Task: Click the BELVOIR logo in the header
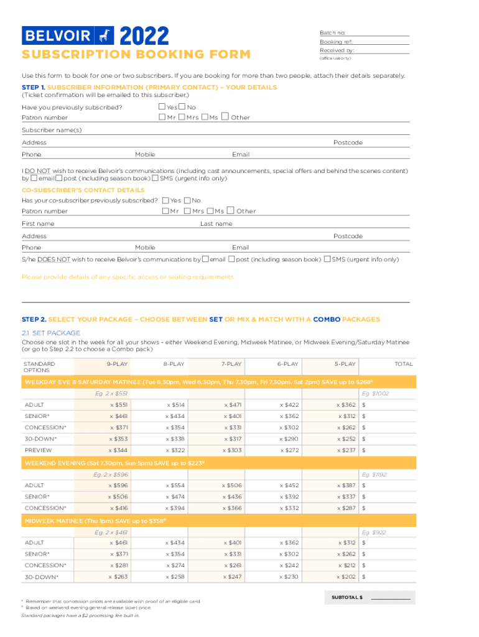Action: coord(65,35)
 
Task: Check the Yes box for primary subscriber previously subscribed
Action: coord(162,108)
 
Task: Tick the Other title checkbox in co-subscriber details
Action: coord(231,211)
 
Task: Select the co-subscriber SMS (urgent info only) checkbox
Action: coord(327,259)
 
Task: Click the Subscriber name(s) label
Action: coord(52,131)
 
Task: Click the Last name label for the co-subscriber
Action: coord(216,224)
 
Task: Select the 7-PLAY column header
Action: coord(231,364)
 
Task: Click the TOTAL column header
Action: coord(403,364)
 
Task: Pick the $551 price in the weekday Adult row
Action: coord(119,405)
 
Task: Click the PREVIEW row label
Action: coord(39,450)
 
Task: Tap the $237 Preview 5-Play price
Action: coord(346,450)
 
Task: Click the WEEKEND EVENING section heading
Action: coord(114,463)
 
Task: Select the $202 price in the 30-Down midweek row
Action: coord(346,577)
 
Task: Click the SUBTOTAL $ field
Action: coord(391,597)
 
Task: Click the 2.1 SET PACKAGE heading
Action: coord(51,333)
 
